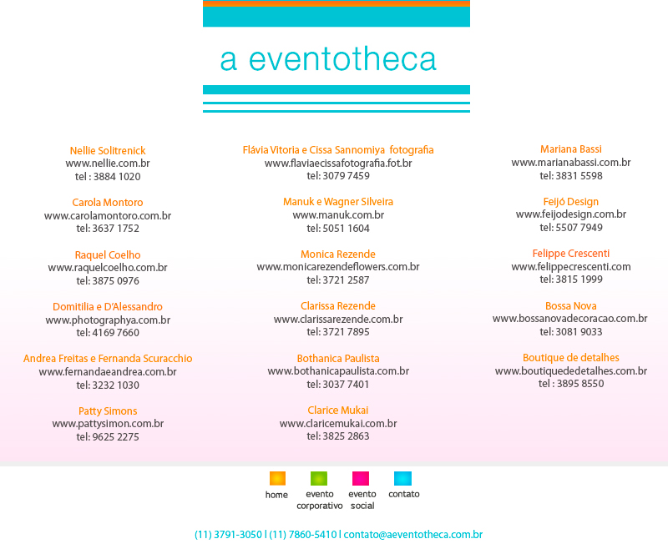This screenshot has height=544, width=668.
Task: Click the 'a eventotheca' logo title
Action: [x=328, y=59]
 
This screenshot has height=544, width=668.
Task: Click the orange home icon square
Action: [x=277, y=478]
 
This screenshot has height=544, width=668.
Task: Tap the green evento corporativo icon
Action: [x=319, y=478]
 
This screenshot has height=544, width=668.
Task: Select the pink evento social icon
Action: [x=361, y=478]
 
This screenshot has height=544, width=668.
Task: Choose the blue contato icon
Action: [x=402, y=478]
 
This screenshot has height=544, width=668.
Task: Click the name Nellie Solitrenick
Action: [x=108, y=150]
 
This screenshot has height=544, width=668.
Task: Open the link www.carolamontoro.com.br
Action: [x=108, y=215]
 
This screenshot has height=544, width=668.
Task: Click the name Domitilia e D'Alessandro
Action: [x=108, y=307]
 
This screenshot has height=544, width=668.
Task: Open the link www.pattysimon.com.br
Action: [x=108, y=424]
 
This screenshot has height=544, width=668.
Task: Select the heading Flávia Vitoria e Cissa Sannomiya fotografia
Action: [x=338, y=150]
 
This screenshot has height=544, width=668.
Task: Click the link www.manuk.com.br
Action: [x=338, y=215]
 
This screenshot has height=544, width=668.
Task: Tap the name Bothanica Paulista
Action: [x=338, y=358]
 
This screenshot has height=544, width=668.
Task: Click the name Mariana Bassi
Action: [x=571, y=149]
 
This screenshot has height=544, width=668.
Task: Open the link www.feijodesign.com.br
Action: [x=571, y=214]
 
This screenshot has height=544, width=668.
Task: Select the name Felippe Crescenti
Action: [x=571, y=254]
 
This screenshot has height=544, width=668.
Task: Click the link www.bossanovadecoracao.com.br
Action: [x=570, y=319]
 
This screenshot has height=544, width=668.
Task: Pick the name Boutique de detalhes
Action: [x=571, y=358]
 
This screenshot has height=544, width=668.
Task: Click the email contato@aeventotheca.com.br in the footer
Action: [x=413, y=535]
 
